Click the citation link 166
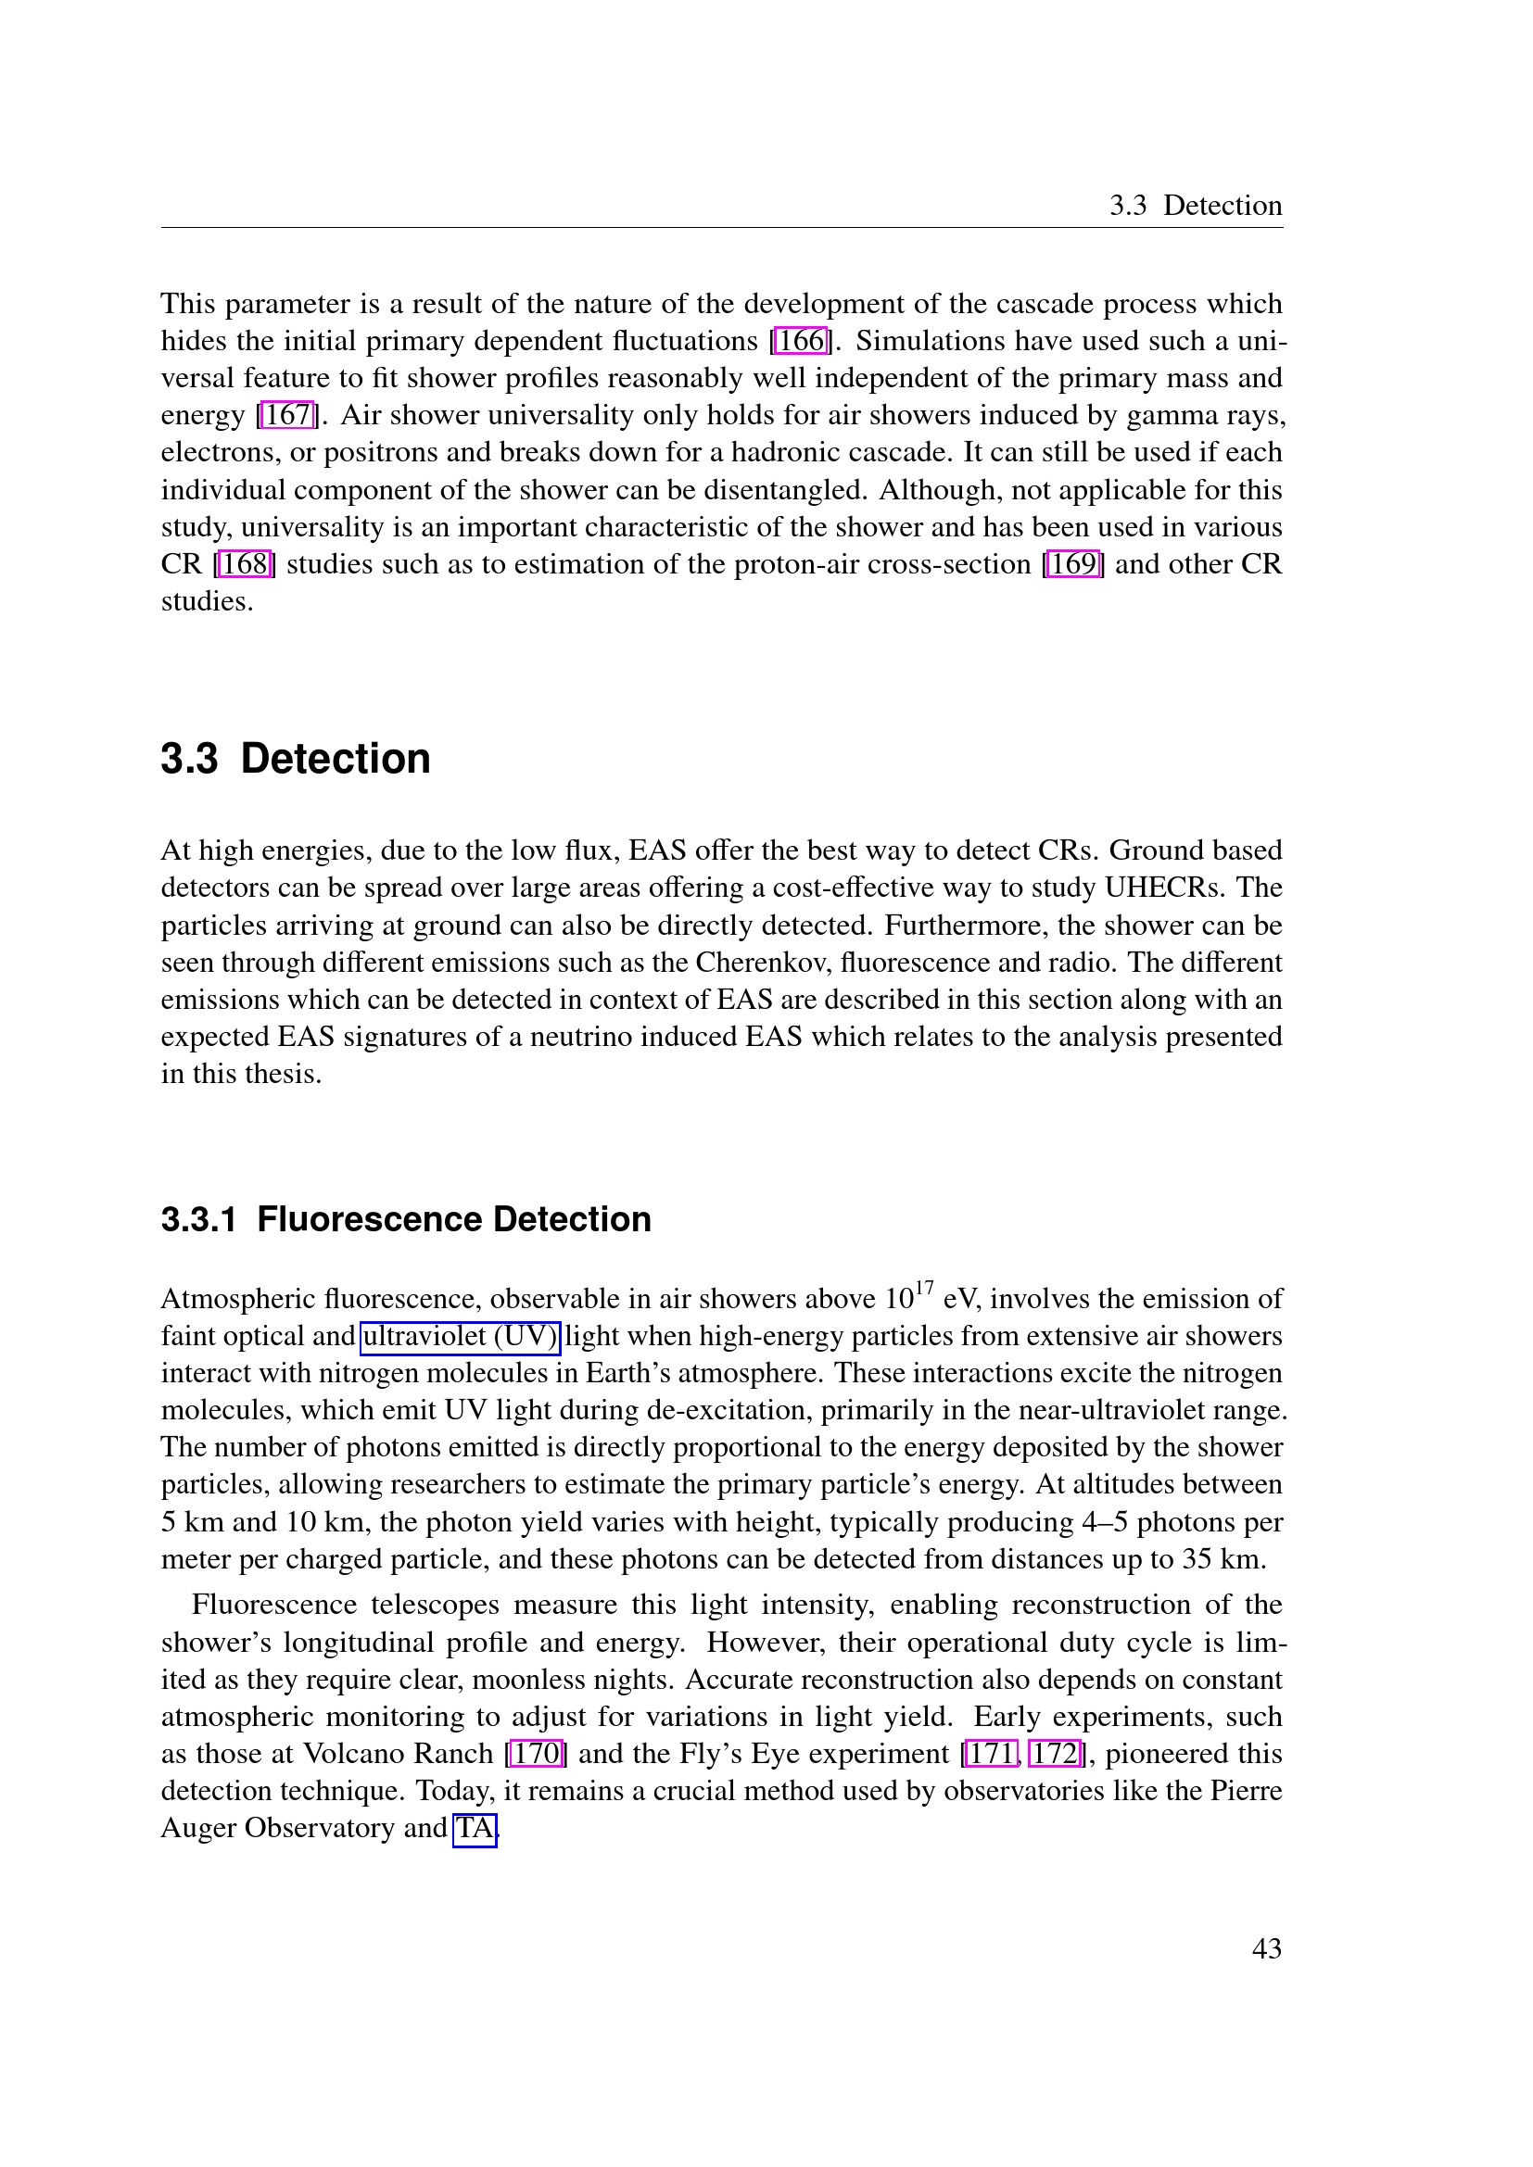tap(801, 341)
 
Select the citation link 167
tap(288, 415)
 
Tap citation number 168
tap(246, 564)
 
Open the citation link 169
tap(1073, 564)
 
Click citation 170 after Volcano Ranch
tap(536, 1754)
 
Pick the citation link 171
tap(991, 1754)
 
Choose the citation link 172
tap(1055, 1754)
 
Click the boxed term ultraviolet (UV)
tap(461, 1337)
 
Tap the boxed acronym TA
tap(475, 1828)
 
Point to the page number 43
tap(1266, 1949)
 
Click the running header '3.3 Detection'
tap(1195, 206)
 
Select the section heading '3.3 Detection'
tap(296, 759)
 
